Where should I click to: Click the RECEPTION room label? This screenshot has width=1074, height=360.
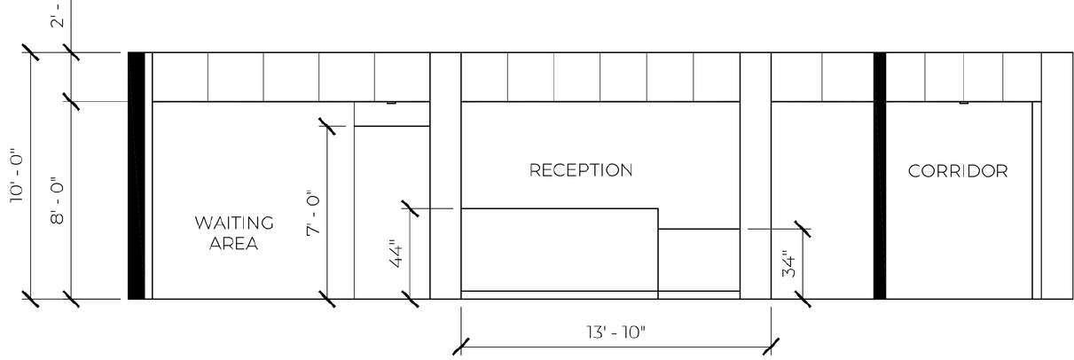[581, 170]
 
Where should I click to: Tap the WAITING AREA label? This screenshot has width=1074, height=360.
[234, 233]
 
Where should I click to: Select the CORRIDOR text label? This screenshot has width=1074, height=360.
[958, 171]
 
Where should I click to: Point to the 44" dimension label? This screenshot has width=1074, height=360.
[396, 255]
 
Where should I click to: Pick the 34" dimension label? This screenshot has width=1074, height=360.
[788, 264]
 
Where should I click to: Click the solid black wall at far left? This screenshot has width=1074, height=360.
[136, 176]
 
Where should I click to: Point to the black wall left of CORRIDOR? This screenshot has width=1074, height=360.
[880, 176]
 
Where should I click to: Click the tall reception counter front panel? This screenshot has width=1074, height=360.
[559, 249]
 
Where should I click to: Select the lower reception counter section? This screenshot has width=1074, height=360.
[698, 259]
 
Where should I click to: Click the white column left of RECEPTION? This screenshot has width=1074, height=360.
[445, 176]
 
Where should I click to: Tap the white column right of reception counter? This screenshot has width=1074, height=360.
[755, 176]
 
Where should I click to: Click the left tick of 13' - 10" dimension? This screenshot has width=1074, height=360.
[461, 344]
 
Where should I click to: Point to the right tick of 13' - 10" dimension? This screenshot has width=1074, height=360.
[771, 344]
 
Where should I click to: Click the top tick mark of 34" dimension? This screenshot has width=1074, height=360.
[802, 229]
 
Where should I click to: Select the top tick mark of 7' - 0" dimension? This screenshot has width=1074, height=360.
[330, 128]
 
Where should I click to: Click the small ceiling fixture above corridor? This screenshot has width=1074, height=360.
[963, 103]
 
